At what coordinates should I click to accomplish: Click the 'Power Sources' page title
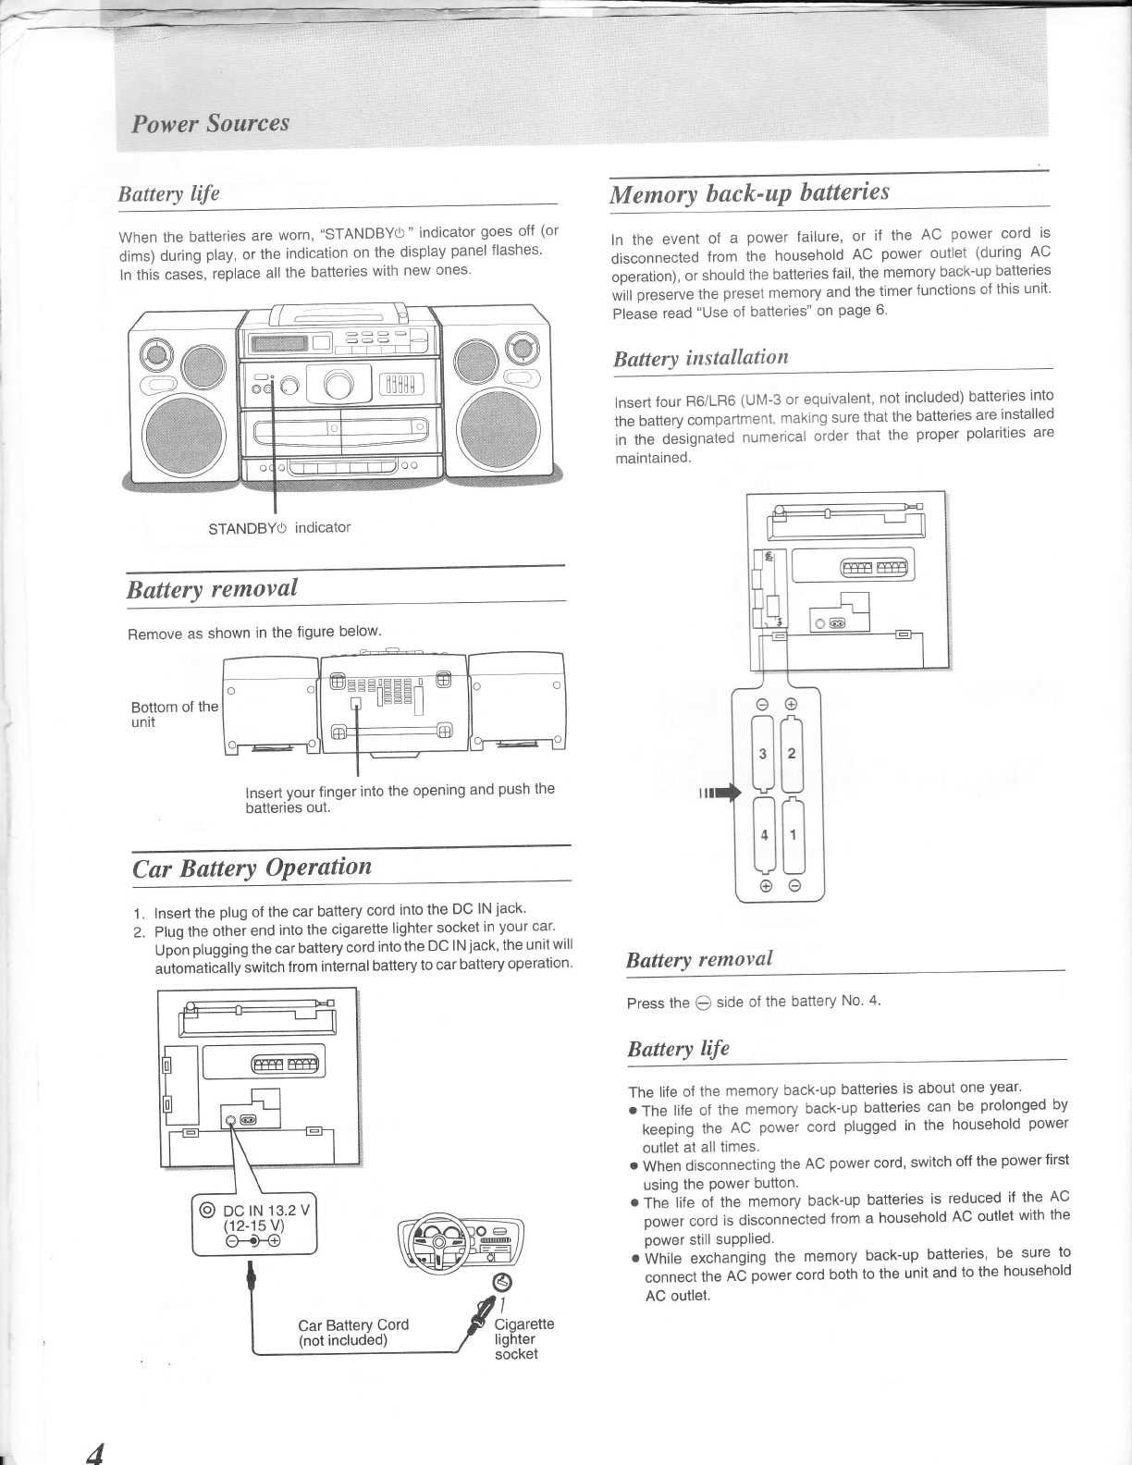(x=211, y=124)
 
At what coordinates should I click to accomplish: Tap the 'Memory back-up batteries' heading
(x=749, y=192)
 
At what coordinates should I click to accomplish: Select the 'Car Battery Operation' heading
(x=252, y=868)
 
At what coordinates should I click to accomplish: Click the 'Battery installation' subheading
(x=701, y=358)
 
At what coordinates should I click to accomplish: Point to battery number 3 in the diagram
(x=762, y=753)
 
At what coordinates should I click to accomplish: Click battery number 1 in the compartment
(x=793, y=834)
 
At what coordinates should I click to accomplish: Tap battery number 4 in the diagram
(x=764, y=834)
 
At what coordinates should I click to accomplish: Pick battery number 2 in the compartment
(x=792, y=753)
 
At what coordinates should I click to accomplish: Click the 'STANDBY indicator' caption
(x=279, y=528)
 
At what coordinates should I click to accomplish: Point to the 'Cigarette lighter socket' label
(x=523, y=1338)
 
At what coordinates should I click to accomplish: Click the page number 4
(x=94, y=1452)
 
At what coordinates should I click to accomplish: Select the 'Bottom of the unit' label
(x=174, y=714)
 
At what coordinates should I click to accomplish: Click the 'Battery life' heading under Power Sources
(x=168, y=193)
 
